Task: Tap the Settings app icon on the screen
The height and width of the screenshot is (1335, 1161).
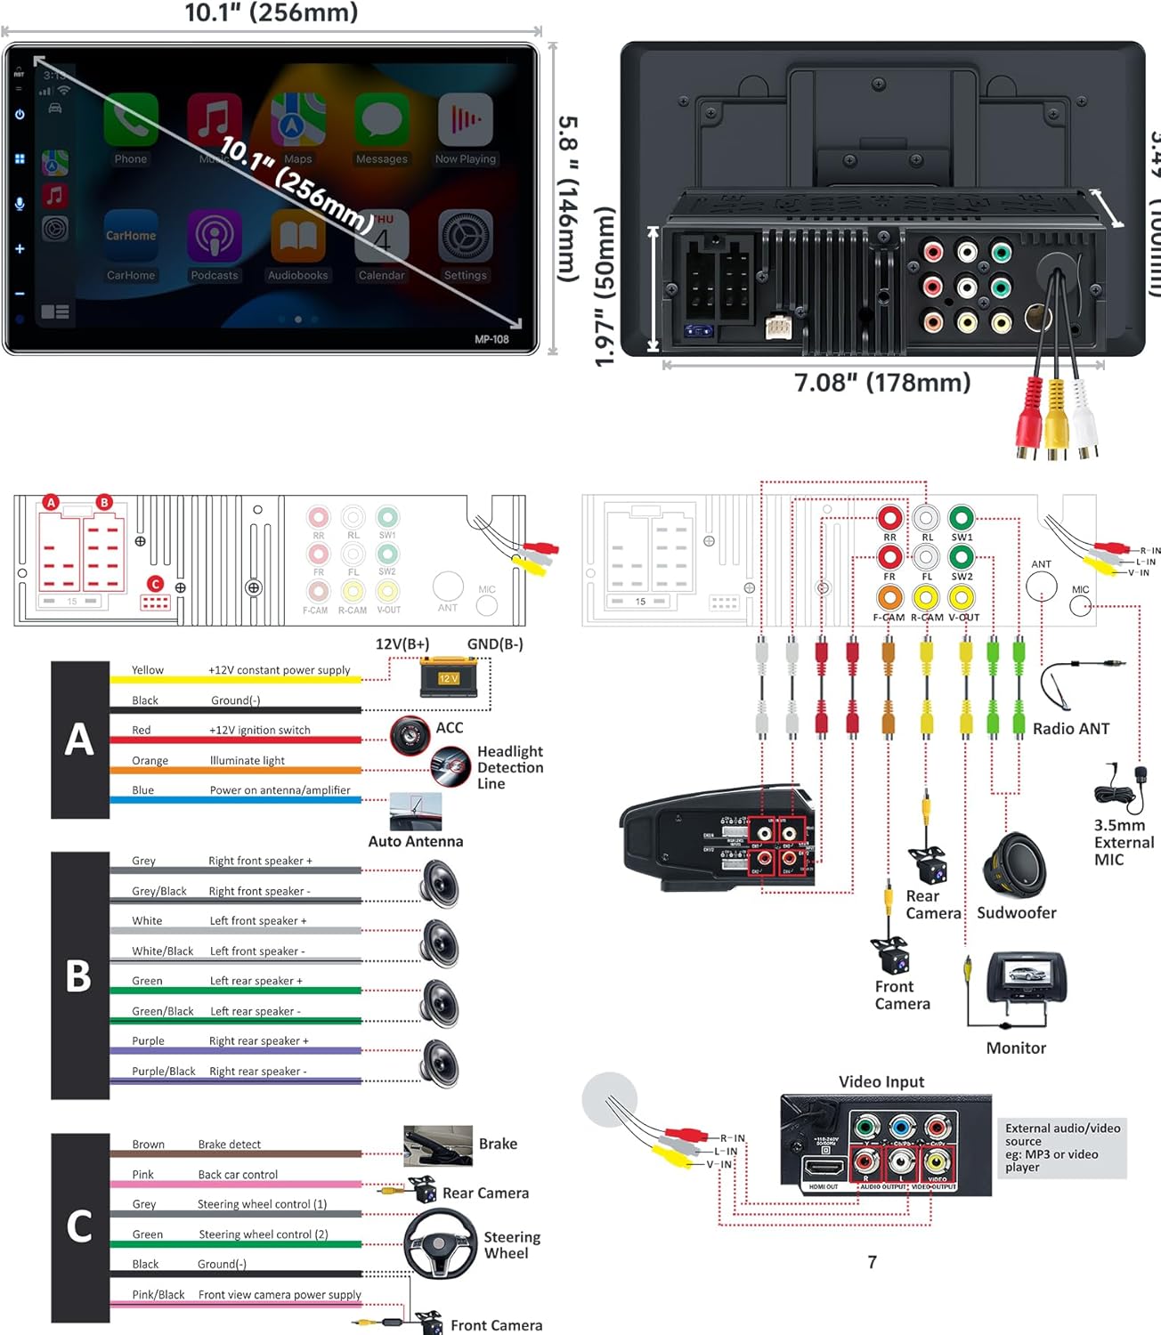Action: pos(465,237)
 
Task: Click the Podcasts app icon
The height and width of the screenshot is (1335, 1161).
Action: pos(214,237)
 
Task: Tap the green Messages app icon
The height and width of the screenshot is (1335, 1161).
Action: pos(381,120)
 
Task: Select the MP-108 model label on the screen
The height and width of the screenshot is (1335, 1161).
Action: pos(491,339)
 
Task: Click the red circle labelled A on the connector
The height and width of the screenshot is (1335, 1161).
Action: pos(51,503)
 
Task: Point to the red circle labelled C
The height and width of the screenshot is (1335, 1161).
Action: pos(156,584)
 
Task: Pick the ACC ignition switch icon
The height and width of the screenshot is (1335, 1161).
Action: pos(410,734)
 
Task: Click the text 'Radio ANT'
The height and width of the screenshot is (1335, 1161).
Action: pos(1071,729)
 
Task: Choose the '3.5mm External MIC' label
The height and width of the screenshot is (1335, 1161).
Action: pos(1124,842)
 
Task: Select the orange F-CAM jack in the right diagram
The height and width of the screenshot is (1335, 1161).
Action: pos(889,597)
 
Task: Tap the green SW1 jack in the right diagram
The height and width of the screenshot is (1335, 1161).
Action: pos(961,517)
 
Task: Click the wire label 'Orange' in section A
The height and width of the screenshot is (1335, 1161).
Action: pos(150,761)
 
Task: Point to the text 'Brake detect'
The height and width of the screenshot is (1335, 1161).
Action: pos(230,1145)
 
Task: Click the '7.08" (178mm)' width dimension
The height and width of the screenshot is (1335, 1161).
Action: pos(881,383)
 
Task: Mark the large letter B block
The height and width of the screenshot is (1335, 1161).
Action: pos(79,975)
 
